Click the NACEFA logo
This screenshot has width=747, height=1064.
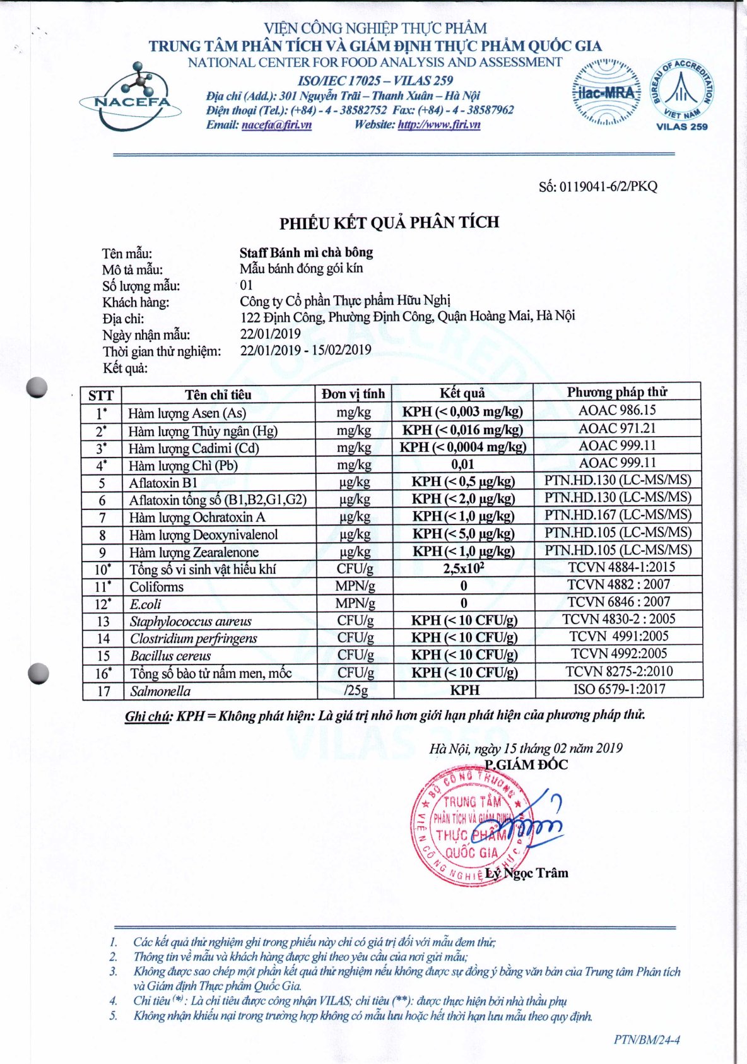pyautogui.click(x=131, y=98)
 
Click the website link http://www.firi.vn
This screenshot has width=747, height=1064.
pyautogui.click(x=438, y=124)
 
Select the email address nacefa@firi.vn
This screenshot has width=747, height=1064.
pyautogui.click(x=276, y=124)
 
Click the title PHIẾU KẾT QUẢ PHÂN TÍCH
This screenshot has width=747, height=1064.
pyautogui.click(x=389, y=223)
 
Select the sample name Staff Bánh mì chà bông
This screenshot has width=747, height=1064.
pyautogui.click(x=306, y=252)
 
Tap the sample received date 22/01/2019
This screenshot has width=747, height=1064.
pyautogui.click(x=270, y=333)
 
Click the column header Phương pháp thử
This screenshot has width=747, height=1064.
pyautogui.click(x=616, y=392)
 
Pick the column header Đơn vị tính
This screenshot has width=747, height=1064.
pyautogui.click(x=353, y=394)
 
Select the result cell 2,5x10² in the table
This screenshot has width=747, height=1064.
pyautogui.click(x=463, y=568)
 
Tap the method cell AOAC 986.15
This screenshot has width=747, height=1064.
pyautogui.click(x=617, y=410)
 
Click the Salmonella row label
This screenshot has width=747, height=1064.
pyautogui.click(x=160, y=691)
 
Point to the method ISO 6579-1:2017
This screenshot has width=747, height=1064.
pyautogui.click(x=619, y=689)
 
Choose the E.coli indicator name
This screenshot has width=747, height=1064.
pyautogui.click(x=145, y=604)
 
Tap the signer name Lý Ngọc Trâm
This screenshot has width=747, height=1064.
pyautogui.click(x=527, y=873)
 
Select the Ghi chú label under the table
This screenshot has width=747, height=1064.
pyautogui.click(x=148, y=716)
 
